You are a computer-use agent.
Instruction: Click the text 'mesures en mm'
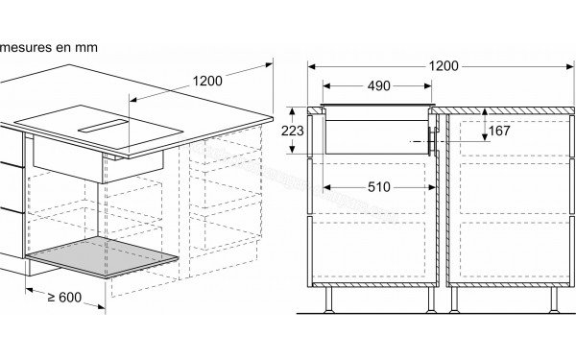pos(47,45)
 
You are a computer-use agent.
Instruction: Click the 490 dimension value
pos(379,85)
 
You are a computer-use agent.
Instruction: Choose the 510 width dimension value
pos(378,186)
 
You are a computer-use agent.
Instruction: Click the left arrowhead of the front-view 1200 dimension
pos(310,65)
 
